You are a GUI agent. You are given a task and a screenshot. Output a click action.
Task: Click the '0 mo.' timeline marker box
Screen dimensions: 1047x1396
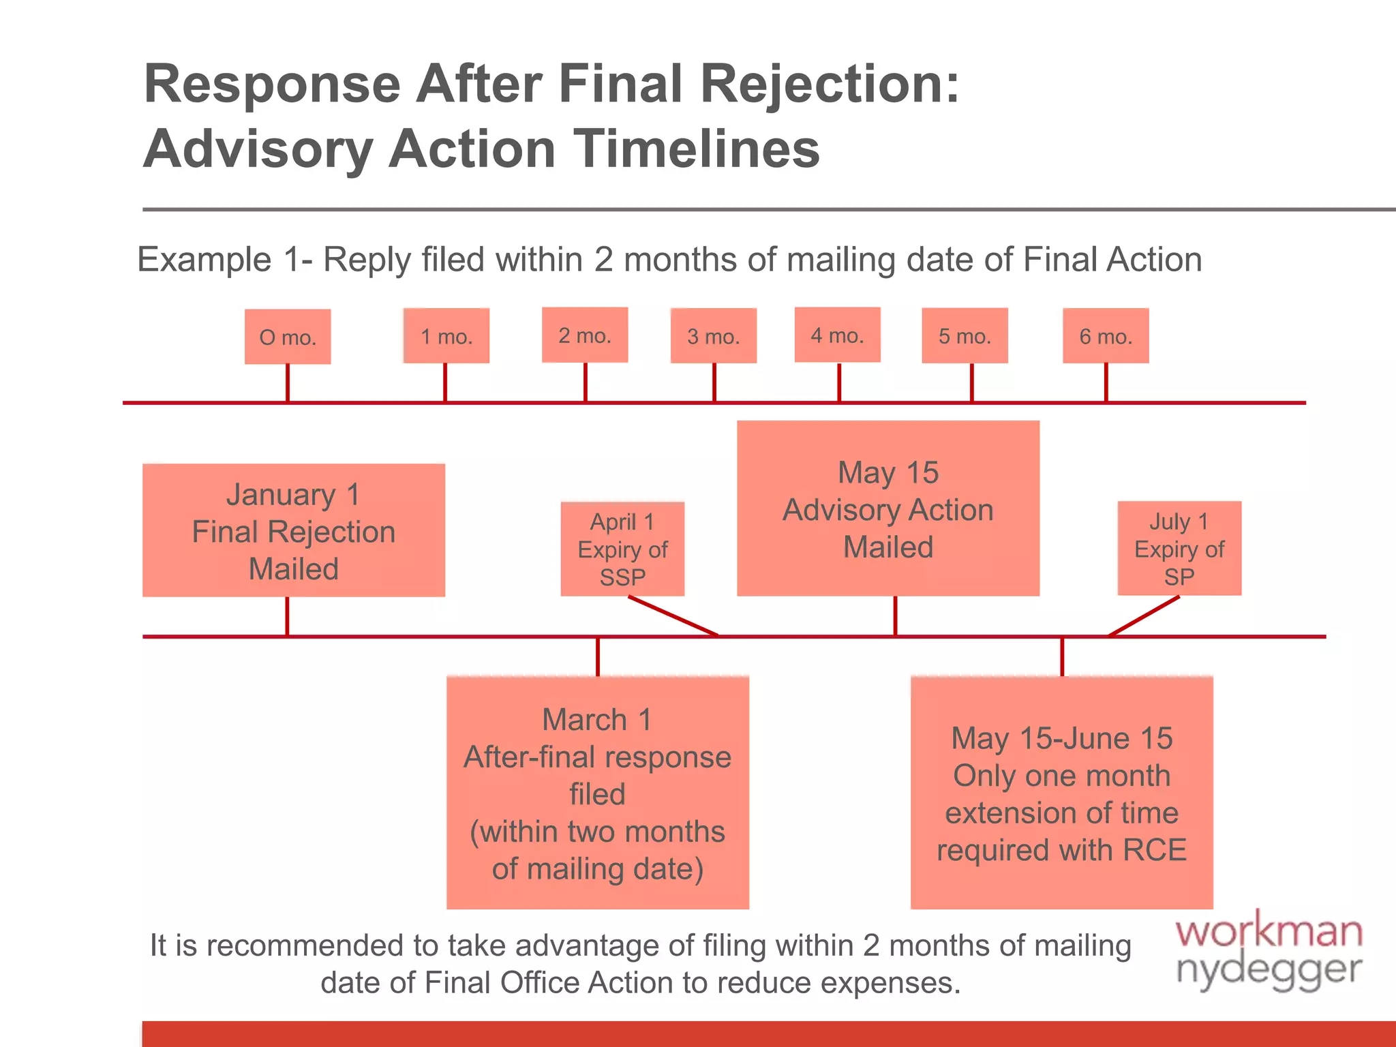(x=288, y=337)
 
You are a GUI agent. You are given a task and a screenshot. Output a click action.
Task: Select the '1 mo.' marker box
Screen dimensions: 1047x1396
(x=446, y=336)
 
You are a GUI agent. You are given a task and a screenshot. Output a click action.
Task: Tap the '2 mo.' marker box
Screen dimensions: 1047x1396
(x=585, y=335)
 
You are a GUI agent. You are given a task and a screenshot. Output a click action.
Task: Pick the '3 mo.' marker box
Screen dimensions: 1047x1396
(x=714, y=336)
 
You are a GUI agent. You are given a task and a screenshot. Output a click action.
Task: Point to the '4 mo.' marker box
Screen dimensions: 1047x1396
(x=838, y=335)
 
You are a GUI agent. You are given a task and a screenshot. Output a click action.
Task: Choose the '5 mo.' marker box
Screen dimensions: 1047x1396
(x=965, y=335)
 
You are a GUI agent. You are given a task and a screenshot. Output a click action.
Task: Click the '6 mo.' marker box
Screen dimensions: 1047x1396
(x=1106, y=335)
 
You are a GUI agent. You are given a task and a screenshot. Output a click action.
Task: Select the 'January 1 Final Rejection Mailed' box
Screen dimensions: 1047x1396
(x=294, y=530)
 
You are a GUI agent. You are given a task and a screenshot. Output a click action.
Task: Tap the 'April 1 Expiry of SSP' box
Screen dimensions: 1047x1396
(x=622, y=549)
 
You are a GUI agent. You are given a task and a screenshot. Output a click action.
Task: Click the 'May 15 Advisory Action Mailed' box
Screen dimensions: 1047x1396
(x=888, y=509)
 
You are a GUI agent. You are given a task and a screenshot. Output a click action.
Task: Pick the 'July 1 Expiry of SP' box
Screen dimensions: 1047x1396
(x=1179, y=548)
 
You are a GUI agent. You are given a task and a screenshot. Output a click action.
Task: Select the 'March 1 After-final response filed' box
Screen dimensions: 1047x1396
(x=598, y=793)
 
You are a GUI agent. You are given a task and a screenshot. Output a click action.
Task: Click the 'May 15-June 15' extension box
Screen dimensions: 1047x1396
(x=1062, y=793)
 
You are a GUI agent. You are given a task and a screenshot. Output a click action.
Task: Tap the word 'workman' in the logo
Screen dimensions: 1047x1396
(x=1269, y=932)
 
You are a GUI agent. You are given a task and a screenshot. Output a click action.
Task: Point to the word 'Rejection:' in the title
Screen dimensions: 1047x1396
(x=830, y=84)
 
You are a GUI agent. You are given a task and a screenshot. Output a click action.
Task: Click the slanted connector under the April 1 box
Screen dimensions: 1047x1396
(x=673, y=616)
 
